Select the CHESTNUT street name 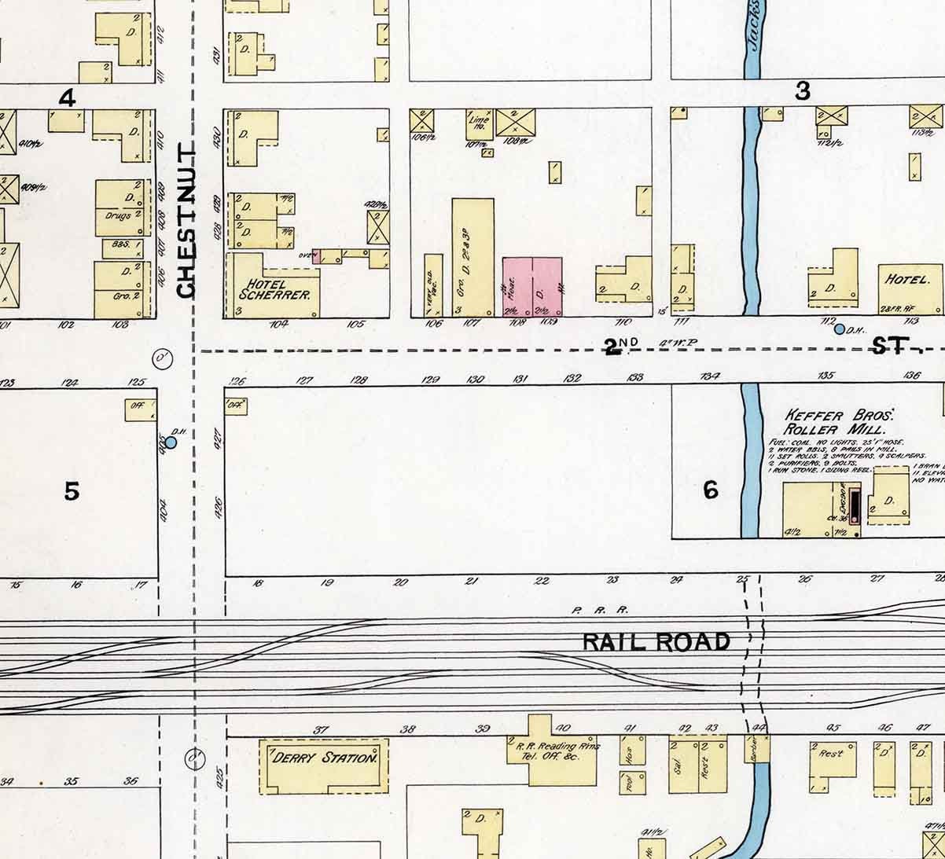pos(186,221)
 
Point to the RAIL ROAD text pos(656,642)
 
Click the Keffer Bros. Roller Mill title pos(835,421)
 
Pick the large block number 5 pos(72,492)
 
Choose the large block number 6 pos(711,490)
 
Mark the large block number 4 pos(68,98)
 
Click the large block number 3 pos(802,92)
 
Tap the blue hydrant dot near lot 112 pos(839,329)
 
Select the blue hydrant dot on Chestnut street pos(171,442)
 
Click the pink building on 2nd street pos(532,286)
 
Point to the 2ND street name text pos(614,346)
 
